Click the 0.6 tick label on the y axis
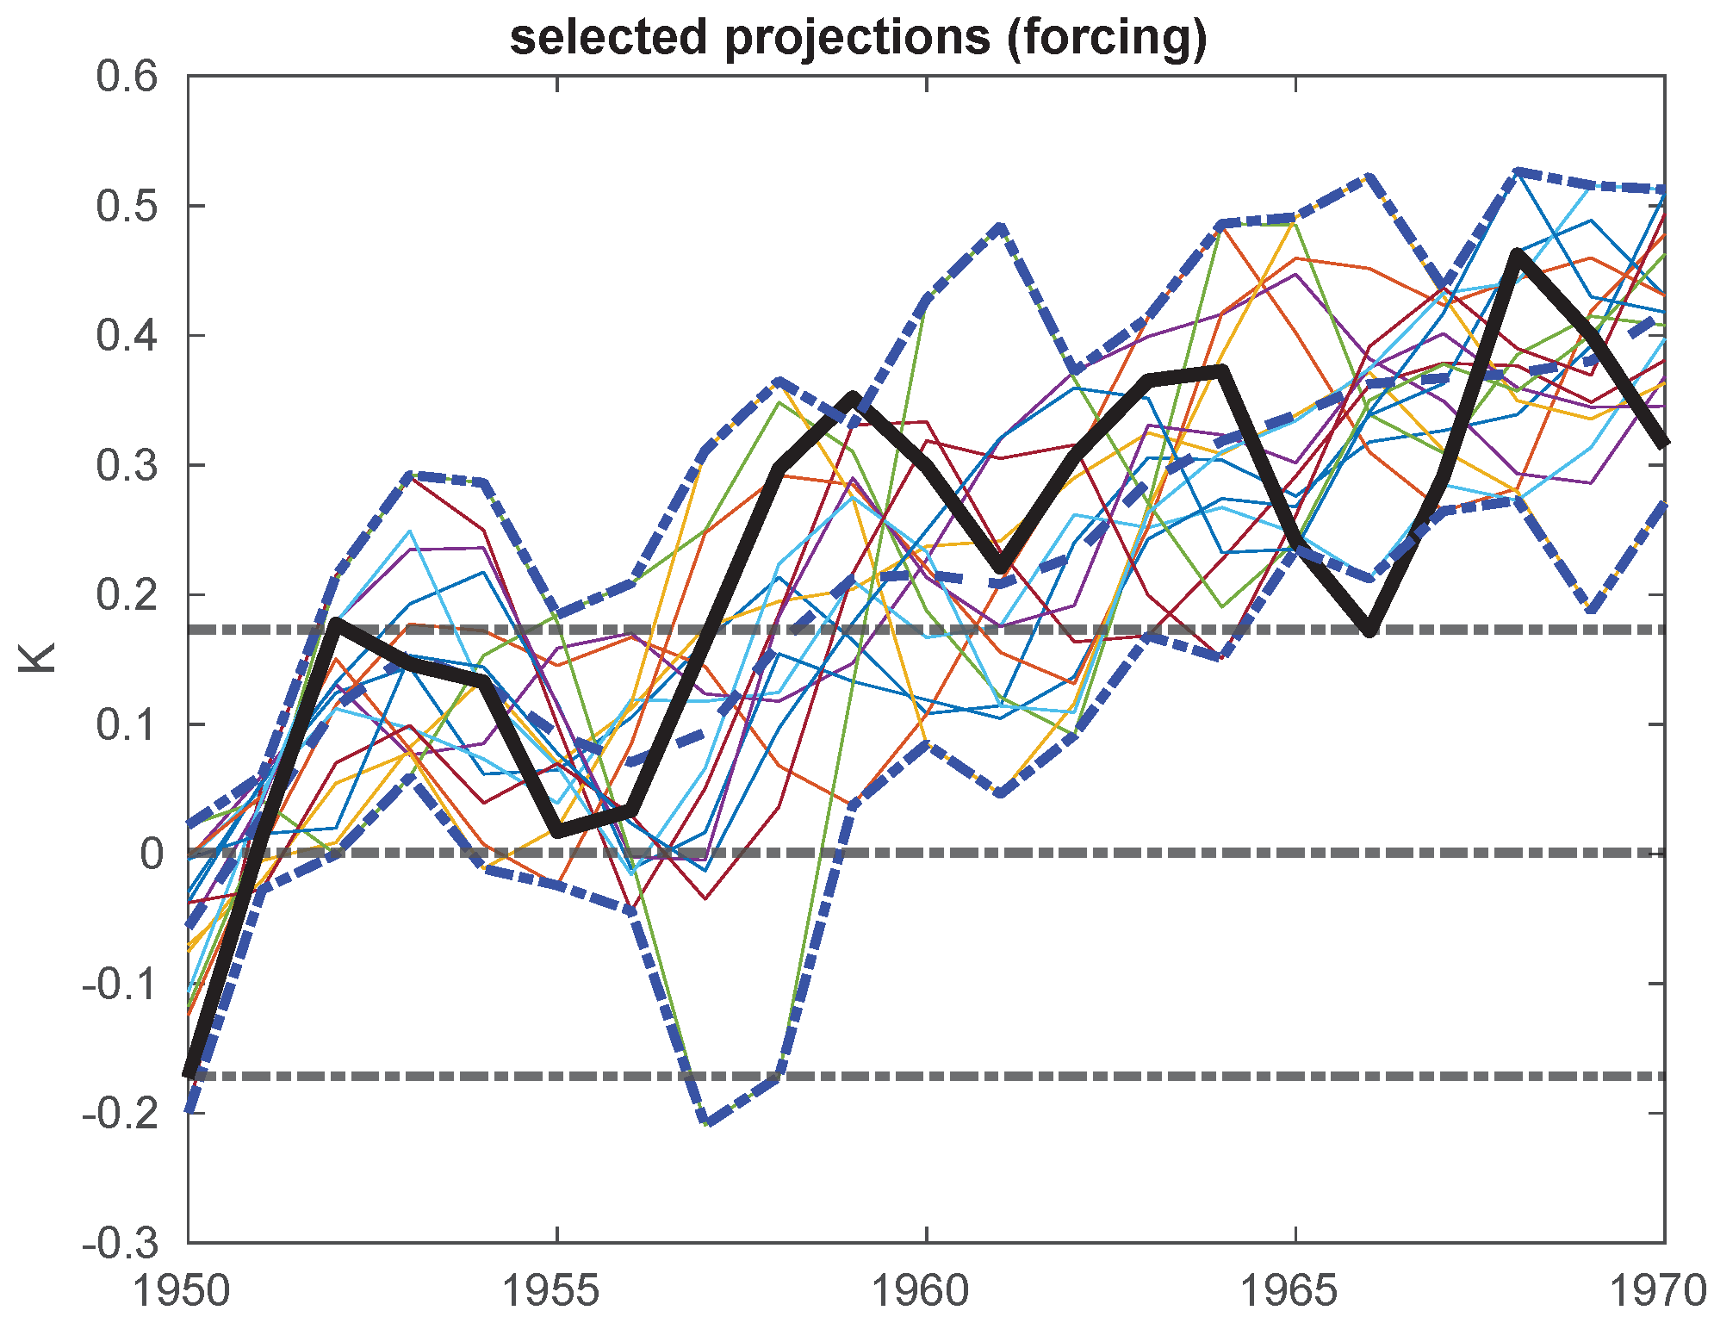[x=127, y=77]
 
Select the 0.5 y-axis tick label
[x=127, y=207]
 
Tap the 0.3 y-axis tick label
[x=127, y=466]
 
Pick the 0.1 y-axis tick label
[x=127, y=725]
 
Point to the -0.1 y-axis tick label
[x=121, y=984]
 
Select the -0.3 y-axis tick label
[x=121, y=1244]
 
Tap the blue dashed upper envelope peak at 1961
[x=1000, y=228]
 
